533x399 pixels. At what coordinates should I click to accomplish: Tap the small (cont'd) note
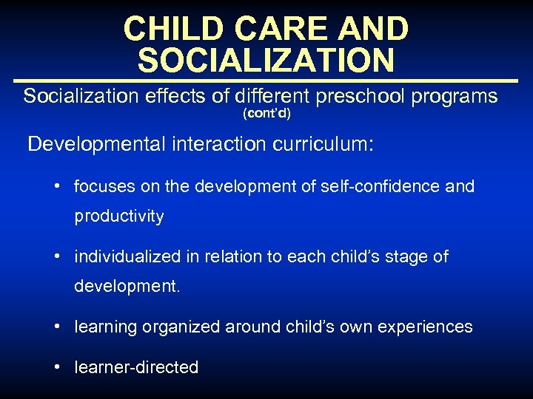pos(266,115)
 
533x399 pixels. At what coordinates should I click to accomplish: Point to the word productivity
pos(118,216)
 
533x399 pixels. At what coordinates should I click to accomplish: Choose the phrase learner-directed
pos(136,367)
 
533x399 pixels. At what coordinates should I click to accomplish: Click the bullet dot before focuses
pos(57,186)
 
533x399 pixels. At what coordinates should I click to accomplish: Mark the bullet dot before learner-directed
pos(57,366)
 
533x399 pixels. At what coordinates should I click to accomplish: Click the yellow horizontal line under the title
pos(266,80)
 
